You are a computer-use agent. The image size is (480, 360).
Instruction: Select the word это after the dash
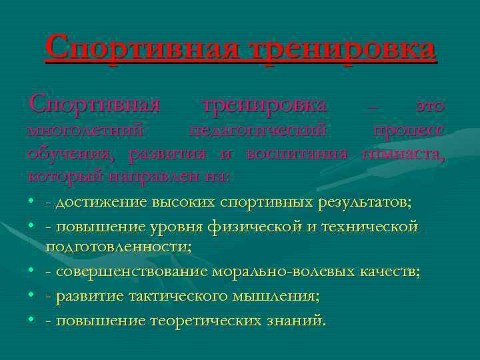(x=429, y=105)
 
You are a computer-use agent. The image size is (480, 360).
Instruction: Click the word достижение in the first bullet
(x=107, y=202)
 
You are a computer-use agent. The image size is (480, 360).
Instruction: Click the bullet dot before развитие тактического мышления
(x=32, y=297)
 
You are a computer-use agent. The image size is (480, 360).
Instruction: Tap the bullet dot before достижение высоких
(x=32, y=202)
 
